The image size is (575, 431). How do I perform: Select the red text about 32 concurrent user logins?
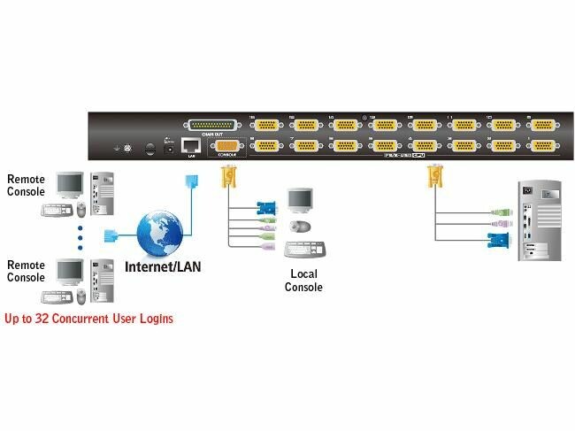tap(88, 317)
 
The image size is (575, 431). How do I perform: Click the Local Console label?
tap(304, 281)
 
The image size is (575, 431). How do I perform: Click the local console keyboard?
tap(305, 247)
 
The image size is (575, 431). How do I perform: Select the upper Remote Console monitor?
tap(68, 185)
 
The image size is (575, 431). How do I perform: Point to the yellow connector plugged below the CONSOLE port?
tap(226, 176)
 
